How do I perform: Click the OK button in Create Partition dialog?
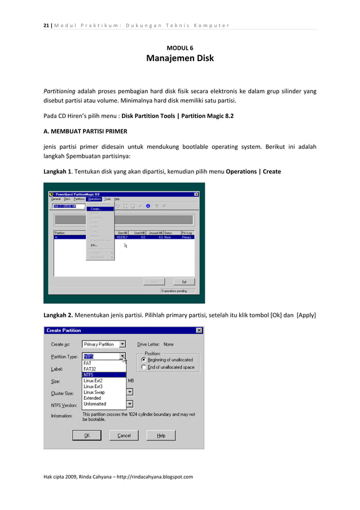(x=86, y=435)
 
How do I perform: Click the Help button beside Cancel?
(x=161, y=435)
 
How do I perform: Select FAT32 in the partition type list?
(x=90, y=369)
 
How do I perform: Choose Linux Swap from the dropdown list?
(x=94, y=392)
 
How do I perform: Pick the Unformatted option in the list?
(x=94, y=404)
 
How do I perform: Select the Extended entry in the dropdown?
(x=92, y=398)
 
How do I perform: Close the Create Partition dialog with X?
(x=199, y=330)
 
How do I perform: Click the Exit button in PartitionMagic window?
(x=183, y=281)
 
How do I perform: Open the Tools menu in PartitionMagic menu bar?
(x=107, y=199)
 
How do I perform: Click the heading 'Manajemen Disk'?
(x=180, y=58)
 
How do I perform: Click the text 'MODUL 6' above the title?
(x=179, y=47)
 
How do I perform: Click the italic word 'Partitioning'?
(x=60, y=91)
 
